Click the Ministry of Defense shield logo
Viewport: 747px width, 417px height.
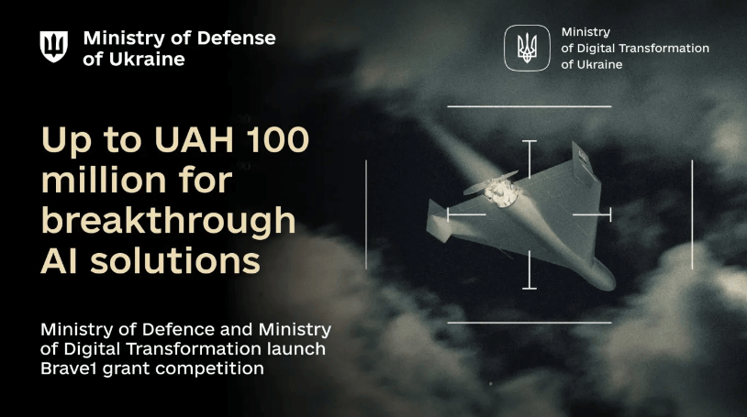point(53,46)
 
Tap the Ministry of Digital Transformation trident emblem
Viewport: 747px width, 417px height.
point(527,48)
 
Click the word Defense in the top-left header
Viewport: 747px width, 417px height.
point(236,38)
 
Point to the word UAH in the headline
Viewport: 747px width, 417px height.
point(194,139)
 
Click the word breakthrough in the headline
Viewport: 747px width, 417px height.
point(169,221)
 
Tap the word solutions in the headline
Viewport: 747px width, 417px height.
point(175,260)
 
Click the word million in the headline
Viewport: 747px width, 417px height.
point(105,180)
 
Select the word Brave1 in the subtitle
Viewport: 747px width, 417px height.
point(69,368)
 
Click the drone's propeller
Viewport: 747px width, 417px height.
point(491,183)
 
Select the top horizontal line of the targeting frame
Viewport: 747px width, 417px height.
point(530,106)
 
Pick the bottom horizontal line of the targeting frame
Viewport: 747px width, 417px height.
point(530,323)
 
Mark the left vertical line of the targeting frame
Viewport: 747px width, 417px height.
point(366,214)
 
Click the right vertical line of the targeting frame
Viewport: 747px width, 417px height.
point(692,214)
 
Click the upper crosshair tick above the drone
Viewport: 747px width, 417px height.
point(530,159)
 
